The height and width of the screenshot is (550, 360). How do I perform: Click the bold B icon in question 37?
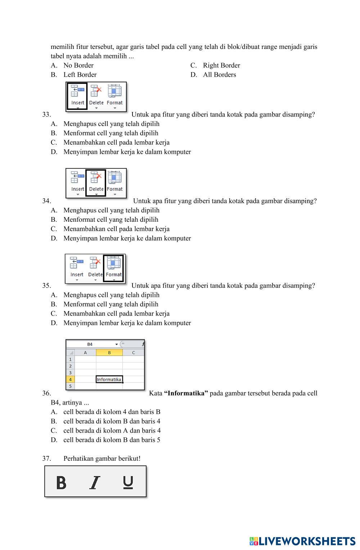[x=61, y=482]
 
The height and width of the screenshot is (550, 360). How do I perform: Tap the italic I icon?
[x=95, y=482]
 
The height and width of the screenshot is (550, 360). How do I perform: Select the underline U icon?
[x=128, y=482]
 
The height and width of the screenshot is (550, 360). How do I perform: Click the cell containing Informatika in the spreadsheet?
[x=109, y=379]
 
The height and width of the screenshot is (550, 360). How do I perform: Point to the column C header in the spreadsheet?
[x=134, y=353]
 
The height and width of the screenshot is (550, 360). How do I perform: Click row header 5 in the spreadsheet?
[x=70, y=386]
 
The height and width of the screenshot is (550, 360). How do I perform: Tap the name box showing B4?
[x=90, y=344]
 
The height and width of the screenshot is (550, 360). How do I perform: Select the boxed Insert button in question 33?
[x=77, y=96]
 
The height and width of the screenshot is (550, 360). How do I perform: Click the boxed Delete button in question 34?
[x=96, y=182]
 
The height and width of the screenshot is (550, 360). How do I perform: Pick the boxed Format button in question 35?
[x=114, y=268]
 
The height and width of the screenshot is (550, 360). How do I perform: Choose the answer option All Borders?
[x=219, y=75]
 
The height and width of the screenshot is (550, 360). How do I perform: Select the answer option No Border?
[x=78, y=66]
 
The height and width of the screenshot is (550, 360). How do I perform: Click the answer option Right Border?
[x=221, y=66]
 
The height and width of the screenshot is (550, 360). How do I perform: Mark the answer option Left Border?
[x=80, y=75]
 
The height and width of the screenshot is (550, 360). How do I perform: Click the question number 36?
[x=46, y=393]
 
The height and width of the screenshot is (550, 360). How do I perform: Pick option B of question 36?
[x=112, y=421]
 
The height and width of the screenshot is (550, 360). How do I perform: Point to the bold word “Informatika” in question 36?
[x=186, y=393]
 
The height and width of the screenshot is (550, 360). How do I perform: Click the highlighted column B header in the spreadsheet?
[x=109, y=353]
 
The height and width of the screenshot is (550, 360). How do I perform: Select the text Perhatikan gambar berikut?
[x=102, y=459]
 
